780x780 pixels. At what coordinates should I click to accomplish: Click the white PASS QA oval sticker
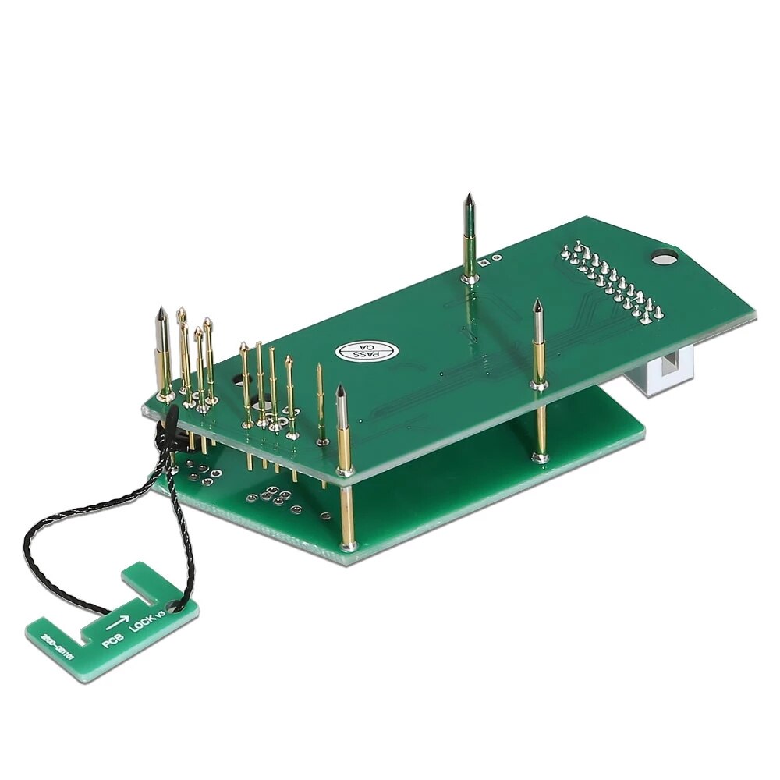(367, 353)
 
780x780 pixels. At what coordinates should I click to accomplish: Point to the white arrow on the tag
(117, 623)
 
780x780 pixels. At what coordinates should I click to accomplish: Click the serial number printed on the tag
(62, 646)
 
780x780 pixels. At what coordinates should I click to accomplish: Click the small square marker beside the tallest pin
(487, 263)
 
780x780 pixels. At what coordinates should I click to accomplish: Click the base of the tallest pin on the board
(469, 276)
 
